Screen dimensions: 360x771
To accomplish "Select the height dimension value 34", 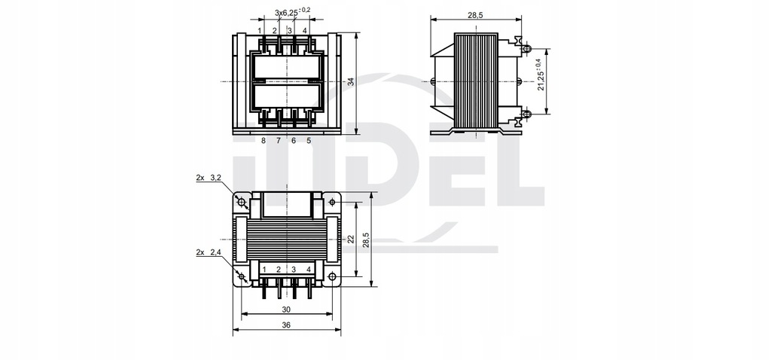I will [x=350, y=81].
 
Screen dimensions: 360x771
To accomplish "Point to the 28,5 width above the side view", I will [x=475, y=14].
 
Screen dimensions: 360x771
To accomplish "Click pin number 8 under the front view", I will [x=264, y=140].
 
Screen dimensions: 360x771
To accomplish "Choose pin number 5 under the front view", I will [x=309, y=140].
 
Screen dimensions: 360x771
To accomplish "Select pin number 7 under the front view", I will [x=279, y=140].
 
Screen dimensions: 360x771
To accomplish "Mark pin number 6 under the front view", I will [x=294, y=140].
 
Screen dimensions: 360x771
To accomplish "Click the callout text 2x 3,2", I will [x=208, y=178].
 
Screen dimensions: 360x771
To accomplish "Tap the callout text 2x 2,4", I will [x=208, y=252].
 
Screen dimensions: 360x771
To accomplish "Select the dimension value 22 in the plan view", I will [x=350, y=239].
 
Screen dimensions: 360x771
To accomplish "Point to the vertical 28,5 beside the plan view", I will [x=366, y=239].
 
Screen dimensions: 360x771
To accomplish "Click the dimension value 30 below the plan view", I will [x=286, y=309].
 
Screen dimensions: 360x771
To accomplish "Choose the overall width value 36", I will [x=286, y=325].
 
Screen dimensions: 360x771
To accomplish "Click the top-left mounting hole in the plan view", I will [x=242, y=202].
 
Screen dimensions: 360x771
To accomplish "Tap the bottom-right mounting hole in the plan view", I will [x=333, y=276].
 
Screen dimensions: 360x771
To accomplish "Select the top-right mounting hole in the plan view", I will [x=333, y=202].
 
